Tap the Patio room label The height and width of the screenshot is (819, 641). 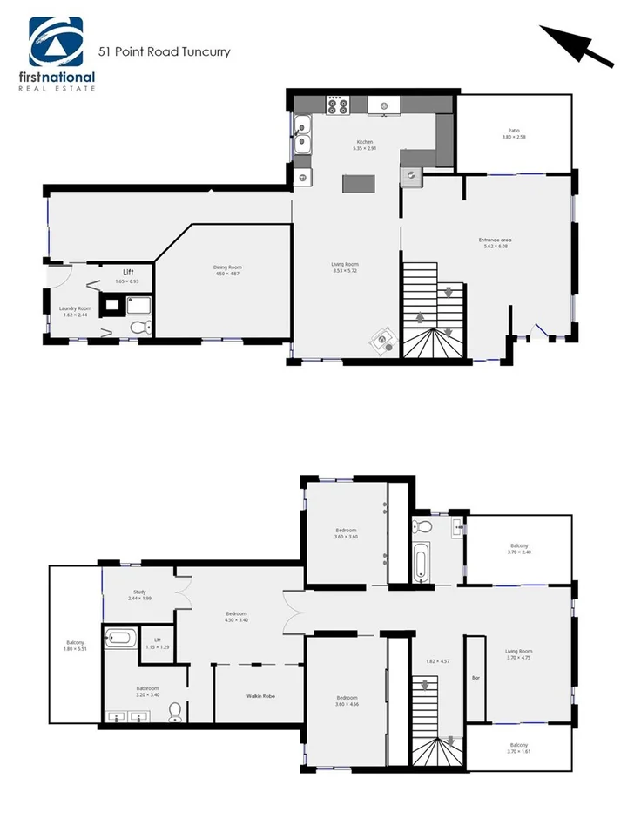coord(514,133)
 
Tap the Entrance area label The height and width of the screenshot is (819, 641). coord(494,242)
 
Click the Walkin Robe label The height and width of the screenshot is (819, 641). coord(261,695)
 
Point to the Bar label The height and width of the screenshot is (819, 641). coord(476,677)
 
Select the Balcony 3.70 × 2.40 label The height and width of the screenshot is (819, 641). coord(519,548)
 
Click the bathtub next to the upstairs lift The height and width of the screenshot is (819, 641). coord(118,638)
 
